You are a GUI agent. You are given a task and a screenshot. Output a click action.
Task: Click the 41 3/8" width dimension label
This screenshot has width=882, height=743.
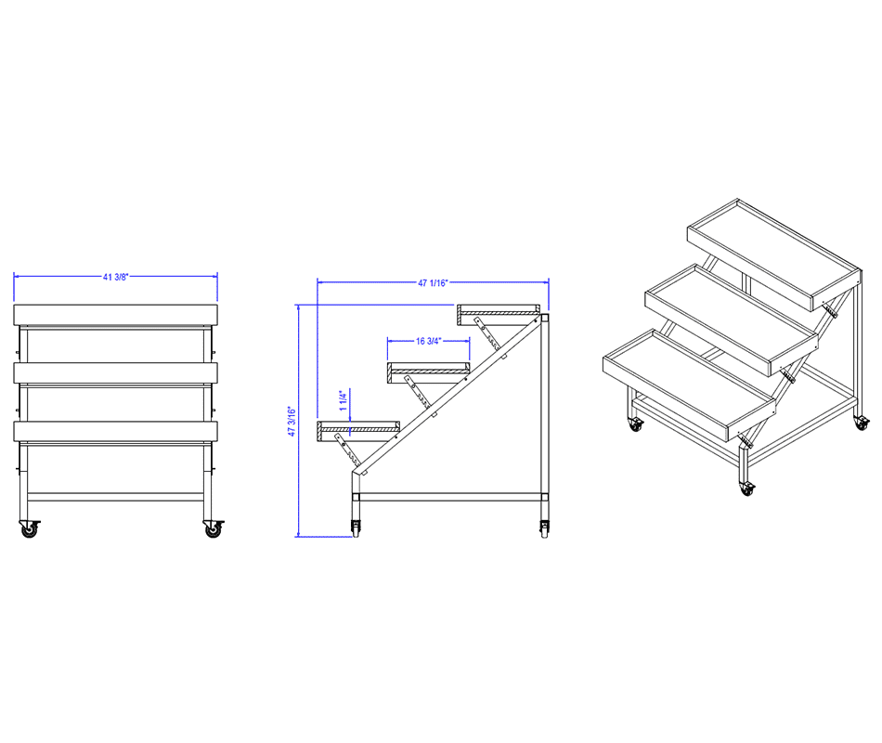(115, 277)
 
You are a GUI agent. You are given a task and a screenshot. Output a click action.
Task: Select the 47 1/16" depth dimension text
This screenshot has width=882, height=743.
(433, 282)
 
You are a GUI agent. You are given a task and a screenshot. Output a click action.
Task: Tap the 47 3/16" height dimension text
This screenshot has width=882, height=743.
(292, 421)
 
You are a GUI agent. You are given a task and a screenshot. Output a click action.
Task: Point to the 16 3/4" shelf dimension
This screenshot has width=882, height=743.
(429, 341)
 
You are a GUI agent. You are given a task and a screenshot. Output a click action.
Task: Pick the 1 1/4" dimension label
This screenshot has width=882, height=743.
(344, 400)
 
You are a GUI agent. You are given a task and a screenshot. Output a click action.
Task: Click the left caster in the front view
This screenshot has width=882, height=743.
(29, 528)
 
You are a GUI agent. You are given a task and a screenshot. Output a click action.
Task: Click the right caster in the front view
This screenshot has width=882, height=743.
(214, 528)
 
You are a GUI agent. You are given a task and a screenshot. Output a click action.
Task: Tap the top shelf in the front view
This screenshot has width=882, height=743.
(115, 315)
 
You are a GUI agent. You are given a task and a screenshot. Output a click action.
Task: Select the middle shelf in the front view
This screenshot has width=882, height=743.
(115, 373)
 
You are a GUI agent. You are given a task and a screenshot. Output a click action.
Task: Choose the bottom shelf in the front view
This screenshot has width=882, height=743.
(115, 431)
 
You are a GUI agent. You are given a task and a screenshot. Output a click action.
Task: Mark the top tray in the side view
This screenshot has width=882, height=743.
(499, 315)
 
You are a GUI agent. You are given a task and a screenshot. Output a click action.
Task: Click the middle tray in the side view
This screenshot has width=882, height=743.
(429, 373)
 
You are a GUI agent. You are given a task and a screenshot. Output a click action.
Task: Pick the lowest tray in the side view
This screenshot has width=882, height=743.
(358, 431)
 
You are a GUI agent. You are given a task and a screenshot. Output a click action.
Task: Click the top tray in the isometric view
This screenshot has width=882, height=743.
(774, 254)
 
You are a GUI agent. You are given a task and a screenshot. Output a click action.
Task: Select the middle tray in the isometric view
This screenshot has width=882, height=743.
(732, 319)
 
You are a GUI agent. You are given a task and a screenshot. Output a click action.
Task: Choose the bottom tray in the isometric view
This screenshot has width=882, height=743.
(690, 385)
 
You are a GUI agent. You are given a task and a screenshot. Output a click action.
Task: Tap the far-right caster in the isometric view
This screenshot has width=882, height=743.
(862, 423)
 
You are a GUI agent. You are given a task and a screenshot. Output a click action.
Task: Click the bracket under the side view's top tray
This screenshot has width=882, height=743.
(487, 333)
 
